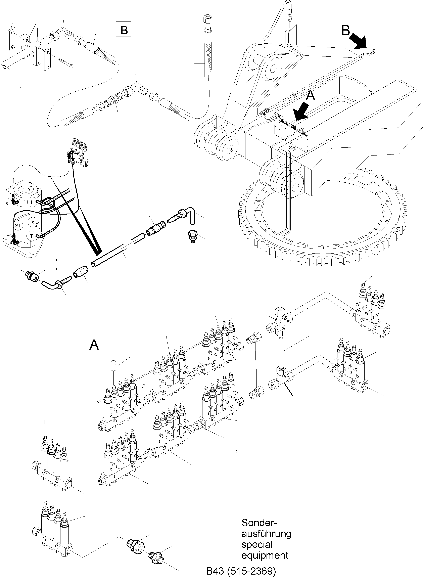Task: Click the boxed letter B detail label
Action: point(124,30)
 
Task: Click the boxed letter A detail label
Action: point(94,344)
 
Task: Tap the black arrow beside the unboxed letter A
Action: point(302,111)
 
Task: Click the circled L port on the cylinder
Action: point(32,202)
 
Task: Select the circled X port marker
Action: point(33,222)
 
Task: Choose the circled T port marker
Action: point(32,236)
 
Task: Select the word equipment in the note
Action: point(265,555)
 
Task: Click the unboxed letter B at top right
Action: point(345,31)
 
